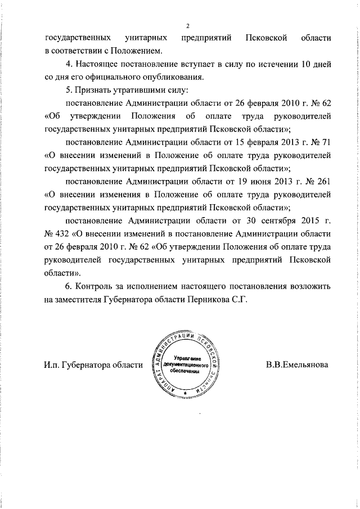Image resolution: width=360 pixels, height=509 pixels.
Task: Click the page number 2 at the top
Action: [188, 26]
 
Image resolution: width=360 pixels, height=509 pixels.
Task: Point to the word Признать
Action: [94, 90]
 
